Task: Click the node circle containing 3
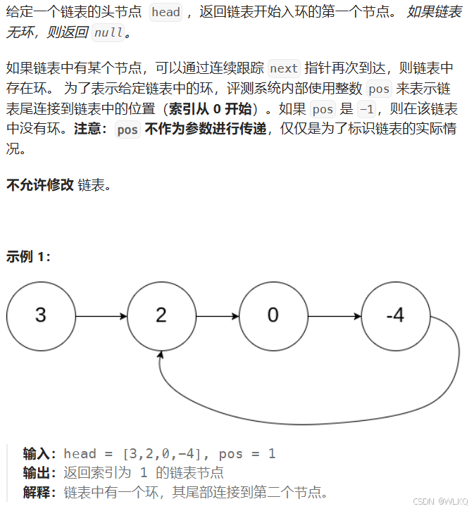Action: coord(41,315)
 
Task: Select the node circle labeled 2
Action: coord(161,315)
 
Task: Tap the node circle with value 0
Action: coord(273,315)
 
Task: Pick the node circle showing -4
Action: coord(395,315)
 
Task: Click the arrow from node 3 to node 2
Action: coord(101,316)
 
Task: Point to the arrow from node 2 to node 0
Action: coord(217,316)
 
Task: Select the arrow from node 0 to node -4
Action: coord(335,316)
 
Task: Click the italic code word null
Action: coord(108,32)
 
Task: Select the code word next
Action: coord(284,68)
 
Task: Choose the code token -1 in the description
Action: coord(367,109)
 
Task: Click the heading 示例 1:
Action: coord(28,257)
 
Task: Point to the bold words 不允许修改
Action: coord(39,185)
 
